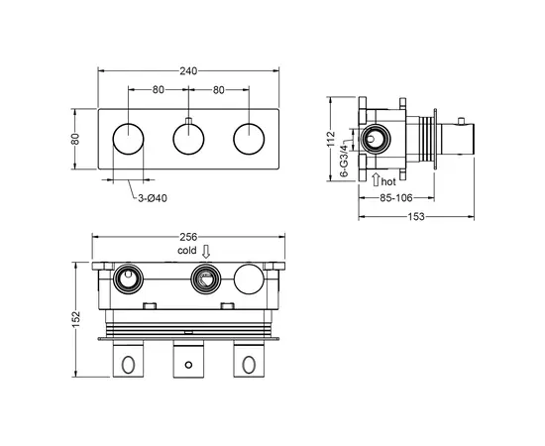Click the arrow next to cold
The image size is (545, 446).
point(206,252)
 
